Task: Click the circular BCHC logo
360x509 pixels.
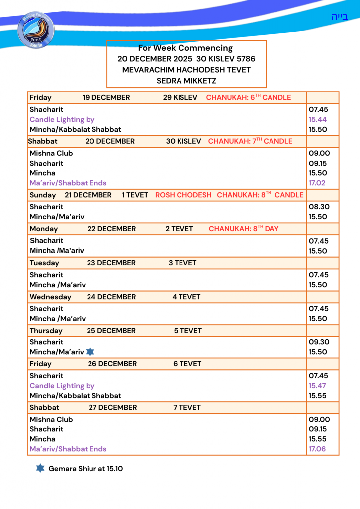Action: click(36, 31)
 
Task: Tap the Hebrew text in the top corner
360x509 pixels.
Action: click(339, 17)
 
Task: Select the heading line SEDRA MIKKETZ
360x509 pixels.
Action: click(186, 80)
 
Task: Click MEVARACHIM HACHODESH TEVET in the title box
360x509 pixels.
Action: click(186, 70)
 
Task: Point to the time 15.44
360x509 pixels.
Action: click(318, 119)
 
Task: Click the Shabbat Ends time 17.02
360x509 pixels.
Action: click(318, 183)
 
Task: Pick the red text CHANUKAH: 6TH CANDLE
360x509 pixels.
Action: click(249, 97)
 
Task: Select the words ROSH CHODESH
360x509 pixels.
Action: click(183, 195)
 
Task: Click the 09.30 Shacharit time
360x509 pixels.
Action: click(318, 342)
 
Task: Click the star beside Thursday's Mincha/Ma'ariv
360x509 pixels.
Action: click(90, 352)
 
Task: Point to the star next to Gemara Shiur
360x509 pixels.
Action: click(40, 468)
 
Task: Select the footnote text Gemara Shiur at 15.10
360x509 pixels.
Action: click(86, 469)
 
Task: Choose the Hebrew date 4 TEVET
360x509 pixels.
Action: click(186, 297)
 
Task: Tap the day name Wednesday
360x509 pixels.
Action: click(50, 297)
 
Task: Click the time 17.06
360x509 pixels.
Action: click(318, 449)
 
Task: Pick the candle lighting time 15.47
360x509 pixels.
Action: click(318, 386)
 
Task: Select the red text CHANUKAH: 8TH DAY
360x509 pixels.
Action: click(244, 229)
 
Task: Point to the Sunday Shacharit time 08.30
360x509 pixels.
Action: click(318, 207)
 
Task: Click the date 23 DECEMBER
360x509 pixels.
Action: click(111, 263)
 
